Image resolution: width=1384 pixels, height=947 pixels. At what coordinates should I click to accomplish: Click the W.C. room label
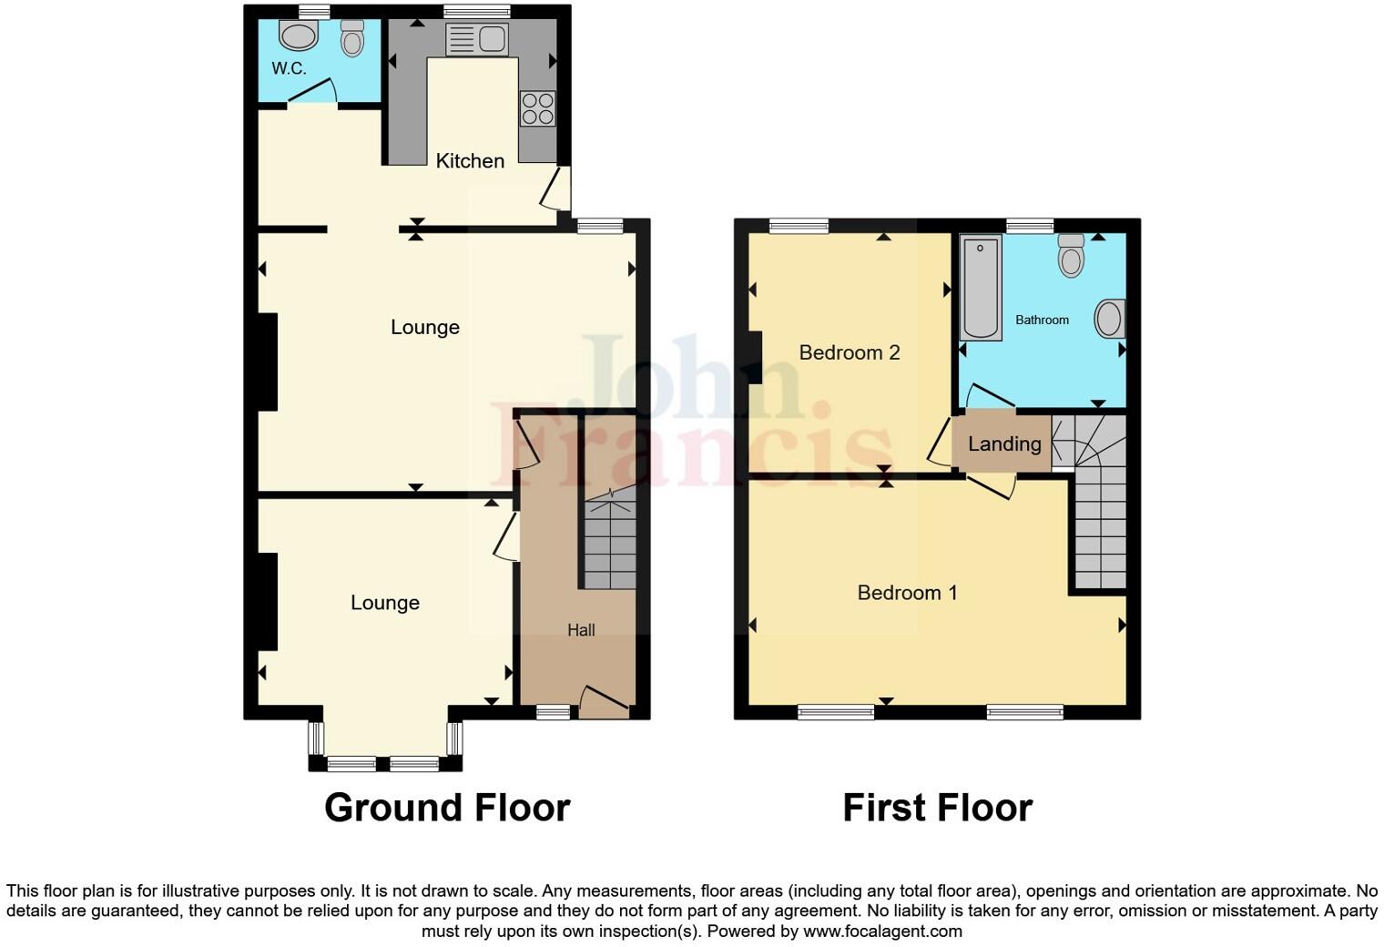(289, 68)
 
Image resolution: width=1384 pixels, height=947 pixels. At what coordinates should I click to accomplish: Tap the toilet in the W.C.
(351, 38)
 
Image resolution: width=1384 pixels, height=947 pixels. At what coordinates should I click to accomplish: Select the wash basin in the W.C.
(298, 36)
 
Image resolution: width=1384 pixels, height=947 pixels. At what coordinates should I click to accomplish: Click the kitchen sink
(476, 40)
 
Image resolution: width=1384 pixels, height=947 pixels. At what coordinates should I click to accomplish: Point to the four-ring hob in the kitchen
(537, 109)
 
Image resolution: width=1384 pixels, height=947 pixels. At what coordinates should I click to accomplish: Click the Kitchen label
(470, 161)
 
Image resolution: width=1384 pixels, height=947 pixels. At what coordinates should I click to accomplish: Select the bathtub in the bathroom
(981, 288)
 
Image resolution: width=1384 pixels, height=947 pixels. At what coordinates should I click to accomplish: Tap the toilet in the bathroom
(1072, 255)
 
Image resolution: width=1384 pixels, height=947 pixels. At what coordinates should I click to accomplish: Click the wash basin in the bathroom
(1109, 320)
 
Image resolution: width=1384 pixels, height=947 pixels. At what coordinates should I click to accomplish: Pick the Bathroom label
(1042, 321)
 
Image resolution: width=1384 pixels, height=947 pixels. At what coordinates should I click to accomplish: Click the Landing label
(1004, 444)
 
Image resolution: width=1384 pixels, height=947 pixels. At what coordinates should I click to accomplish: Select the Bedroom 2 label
(849, 353)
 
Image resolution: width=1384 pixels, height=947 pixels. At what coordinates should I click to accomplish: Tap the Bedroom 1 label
(907, 593)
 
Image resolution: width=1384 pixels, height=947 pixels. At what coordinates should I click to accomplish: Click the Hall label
(581, 630)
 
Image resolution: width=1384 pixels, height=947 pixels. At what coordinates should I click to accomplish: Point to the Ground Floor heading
(447, 808)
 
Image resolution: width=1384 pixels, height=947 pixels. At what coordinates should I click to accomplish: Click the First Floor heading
(937, 808)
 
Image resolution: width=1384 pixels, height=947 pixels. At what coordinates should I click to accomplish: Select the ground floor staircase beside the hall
(609, 543)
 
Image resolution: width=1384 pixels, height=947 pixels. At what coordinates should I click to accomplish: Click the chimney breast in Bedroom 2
(755, 358)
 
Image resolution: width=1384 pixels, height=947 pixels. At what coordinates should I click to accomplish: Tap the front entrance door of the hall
(604, 701)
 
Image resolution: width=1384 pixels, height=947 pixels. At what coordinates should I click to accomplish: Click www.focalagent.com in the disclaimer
(882, 932)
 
